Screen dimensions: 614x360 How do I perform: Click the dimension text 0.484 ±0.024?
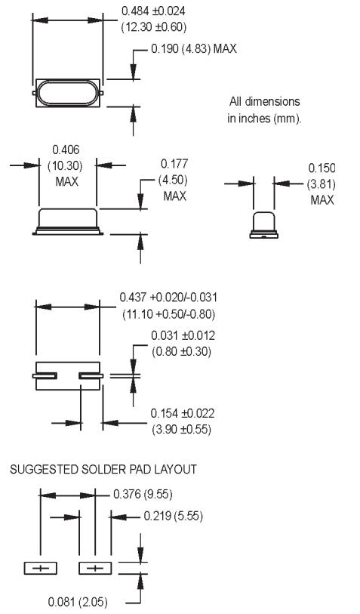[x=154, y=11]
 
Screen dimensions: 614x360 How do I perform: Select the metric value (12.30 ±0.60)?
[x=154, y=27]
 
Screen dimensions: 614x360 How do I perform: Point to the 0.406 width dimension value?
[x=67, y=151]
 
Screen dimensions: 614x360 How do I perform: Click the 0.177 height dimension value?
[x=174, y=163]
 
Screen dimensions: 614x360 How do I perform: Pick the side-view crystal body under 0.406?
[x=68, y=220]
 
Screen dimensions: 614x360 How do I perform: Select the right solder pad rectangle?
[x=95, y=568]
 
